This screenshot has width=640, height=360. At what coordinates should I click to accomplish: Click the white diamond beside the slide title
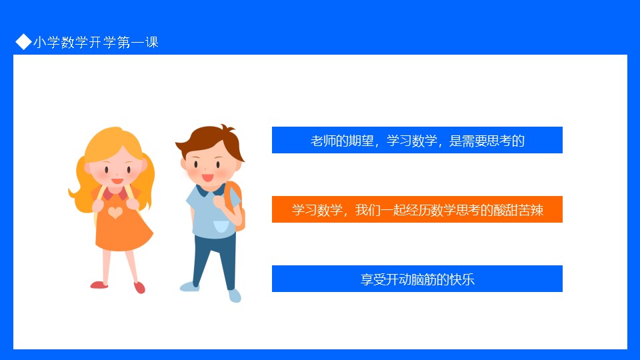24,41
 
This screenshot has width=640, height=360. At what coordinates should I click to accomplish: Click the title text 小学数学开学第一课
96,42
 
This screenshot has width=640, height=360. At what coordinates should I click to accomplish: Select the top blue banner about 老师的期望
417,140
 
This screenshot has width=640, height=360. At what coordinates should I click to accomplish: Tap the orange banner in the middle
417,209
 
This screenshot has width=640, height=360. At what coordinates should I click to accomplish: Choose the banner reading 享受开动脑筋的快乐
417,279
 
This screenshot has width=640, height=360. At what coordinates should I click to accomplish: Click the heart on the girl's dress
115,212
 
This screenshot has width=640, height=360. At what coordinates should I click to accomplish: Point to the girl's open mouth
117,181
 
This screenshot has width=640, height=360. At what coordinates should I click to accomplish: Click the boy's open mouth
208,178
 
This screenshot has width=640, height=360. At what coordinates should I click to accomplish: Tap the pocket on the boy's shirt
221,226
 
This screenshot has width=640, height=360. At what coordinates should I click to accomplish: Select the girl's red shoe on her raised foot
139,287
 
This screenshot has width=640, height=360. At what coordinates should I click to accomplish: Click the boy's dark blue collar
210,190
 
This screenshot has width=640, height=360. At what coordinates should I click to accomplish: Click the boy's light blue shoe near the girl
189,286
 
